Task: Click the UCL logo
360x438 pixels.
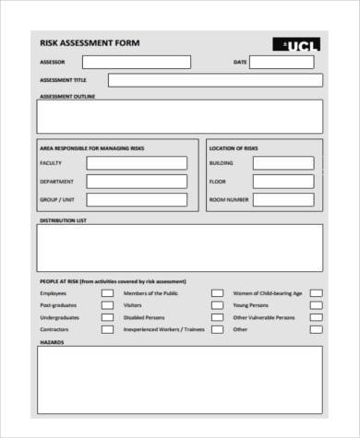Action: click(298, 44)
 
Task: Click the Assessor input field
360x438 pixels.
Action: click(137, 62)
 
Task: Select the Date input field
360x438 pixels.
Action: click(287, 62)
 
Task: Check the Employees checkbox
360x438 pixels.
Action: click(107, 293)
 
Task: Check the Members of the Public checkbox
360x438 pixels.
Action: click(217, 293)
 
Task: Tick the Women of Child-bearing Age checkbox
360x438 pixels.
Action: click(316, 293)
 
